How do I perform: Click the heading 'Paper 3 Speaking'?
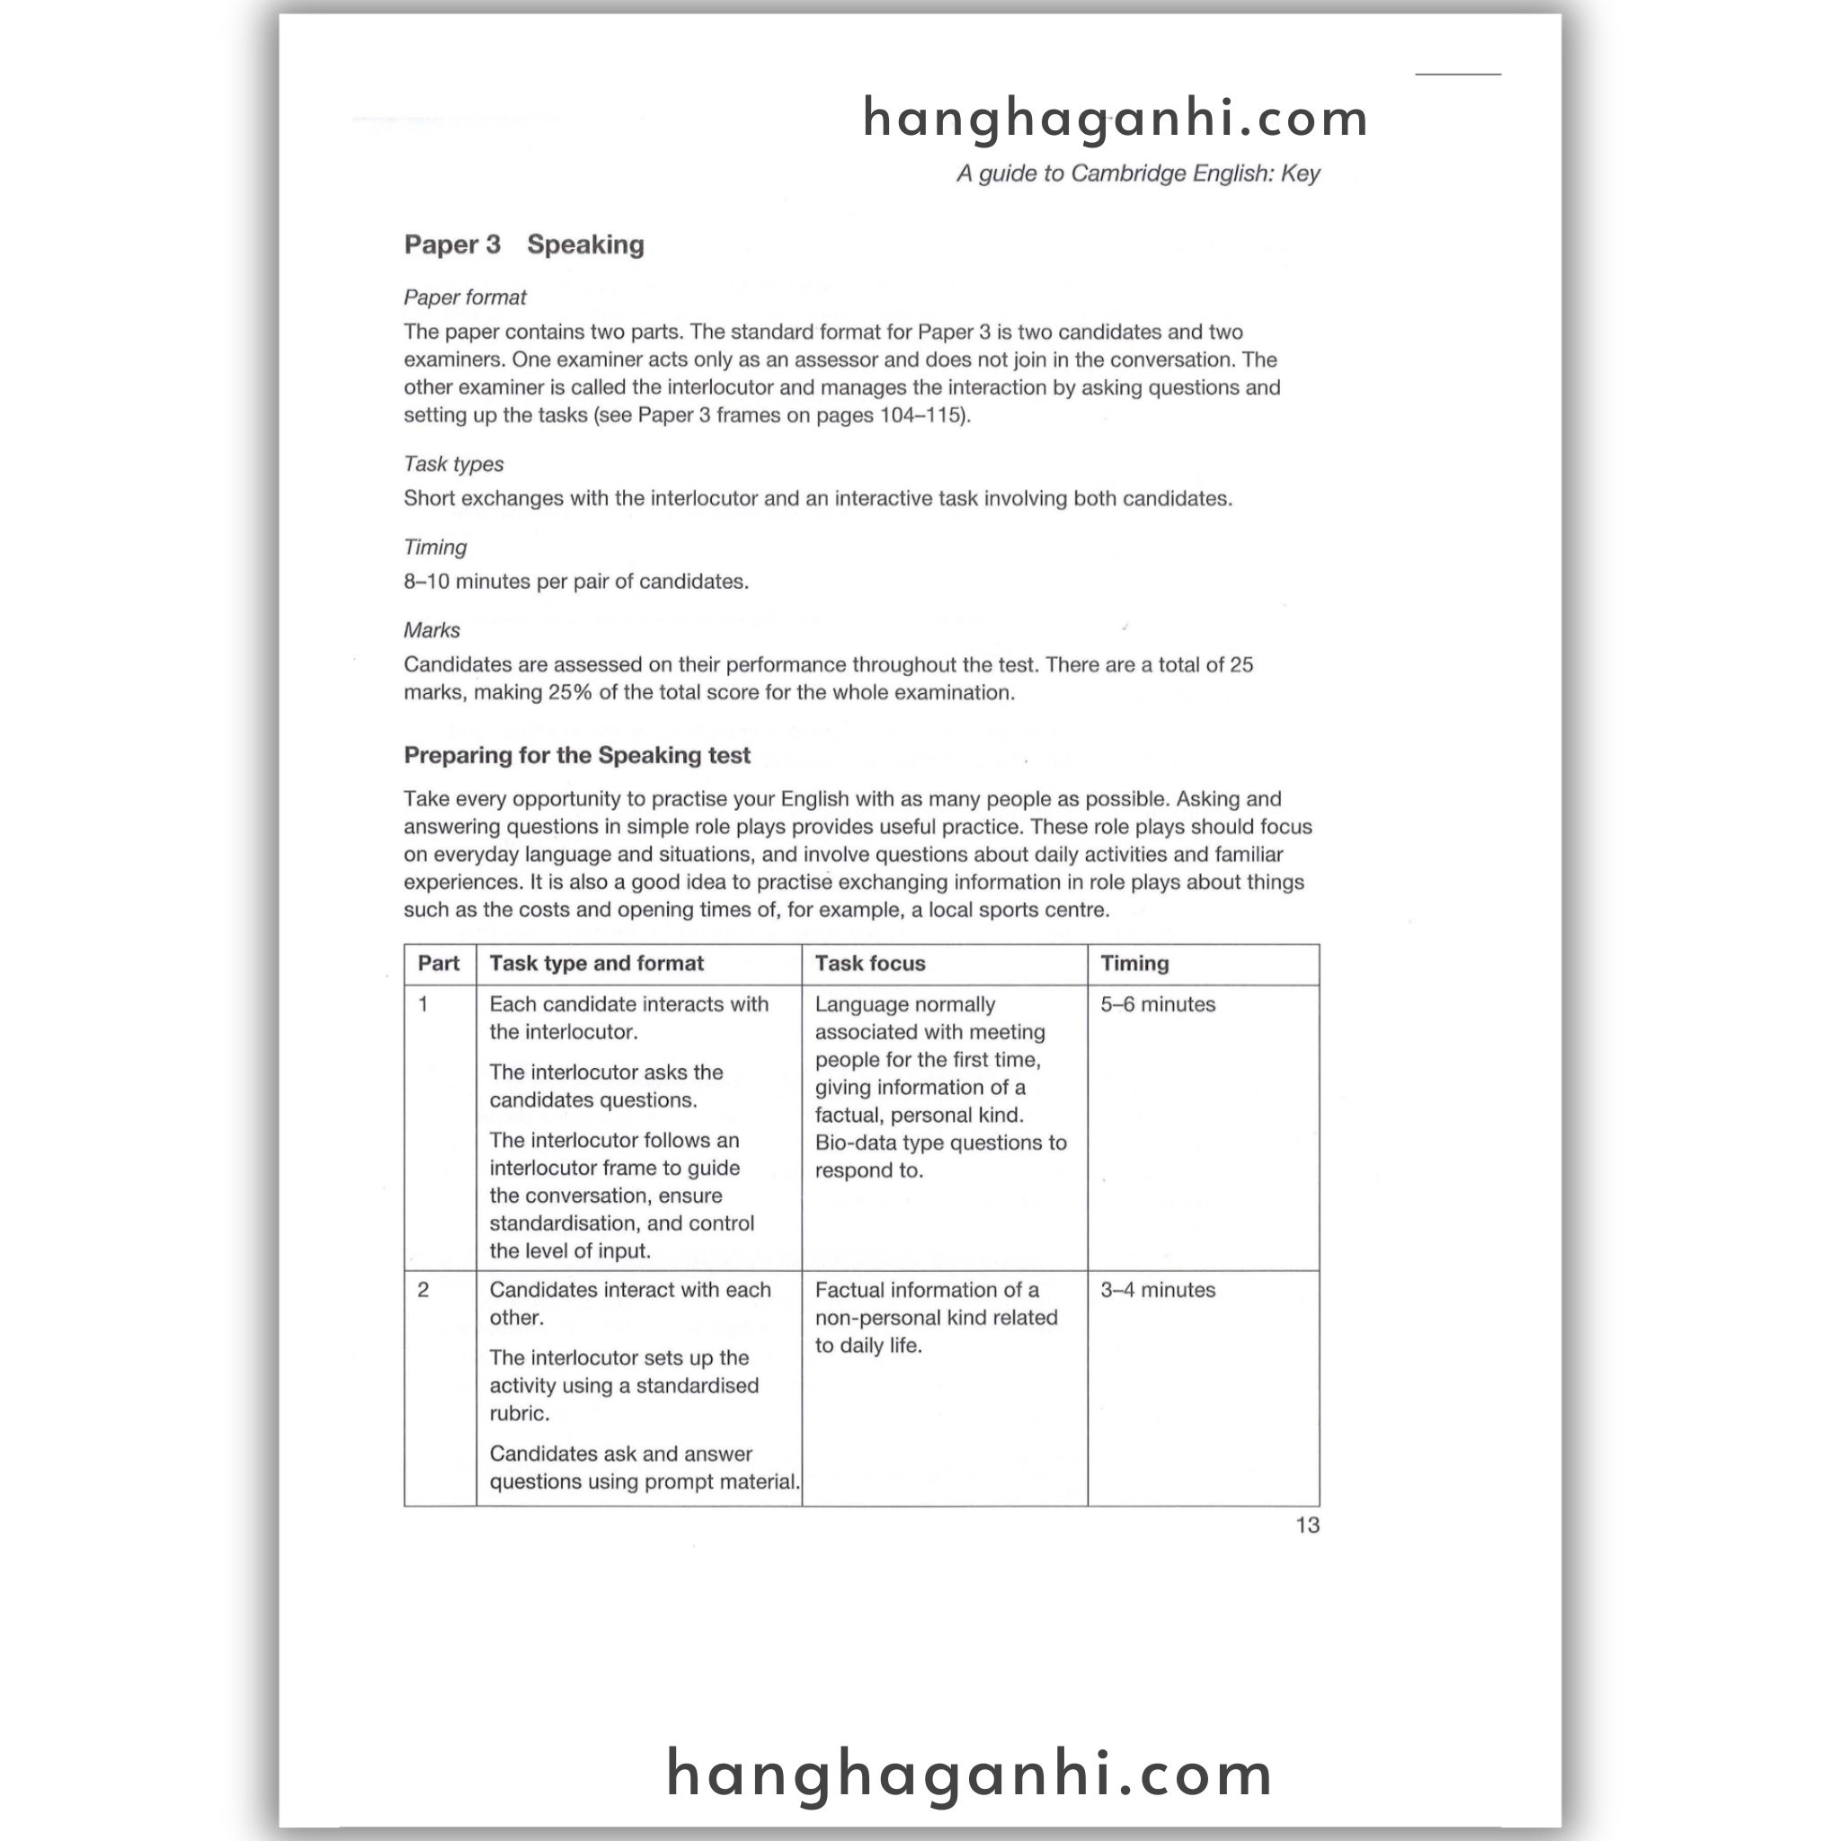pyautogui.click(x=523, y=245)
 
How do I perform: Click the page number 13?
pyautogui.click(x=1306, y=1525)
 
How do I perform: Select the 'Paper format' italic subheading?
pyautogui.click(x=464, y=298)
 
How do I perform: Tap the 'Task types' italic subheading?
pyautogui.click(x=453, y=464)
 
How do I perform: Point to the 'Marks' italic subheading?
pyautogui.click(x=431, y=630)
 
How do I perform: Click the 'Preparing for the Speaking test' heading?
pyautogui.click(x=576, y=756)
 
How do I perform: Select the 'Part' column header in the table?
pyautogui.click(x=439, y=964)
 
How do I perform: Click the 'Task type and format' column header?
pyautogui.click(x=597, y=964)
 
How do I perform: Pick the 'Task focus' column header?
pyautogui.click(x=870, y=964)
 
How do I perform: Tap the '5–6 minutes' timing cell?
pyautogui.click(x=1158, y=1004)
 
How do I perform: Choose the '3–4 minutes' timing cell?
pyautogui.click(x=1158, y=1290)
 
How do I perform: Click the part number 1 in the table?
pyautogui.click(x=423, y=1004)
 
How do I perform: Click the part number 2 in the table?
pyautogui.click(x=423, y=1290)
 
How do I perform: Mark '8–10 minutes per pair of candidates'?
pyautogui.click(x=575, y=582)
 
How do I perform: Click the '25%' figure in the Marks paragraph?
pyautogui.click(x=571, y=693)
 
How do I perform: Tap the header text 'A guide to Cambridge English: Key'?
pyautogui.click(x=1138, y=173)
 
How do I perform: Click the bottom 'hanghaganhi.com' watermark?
pyautogui.click(x=969, y=1774)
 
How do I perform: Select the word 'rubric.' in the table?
pyautogui.click(x=520, y=1413)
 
